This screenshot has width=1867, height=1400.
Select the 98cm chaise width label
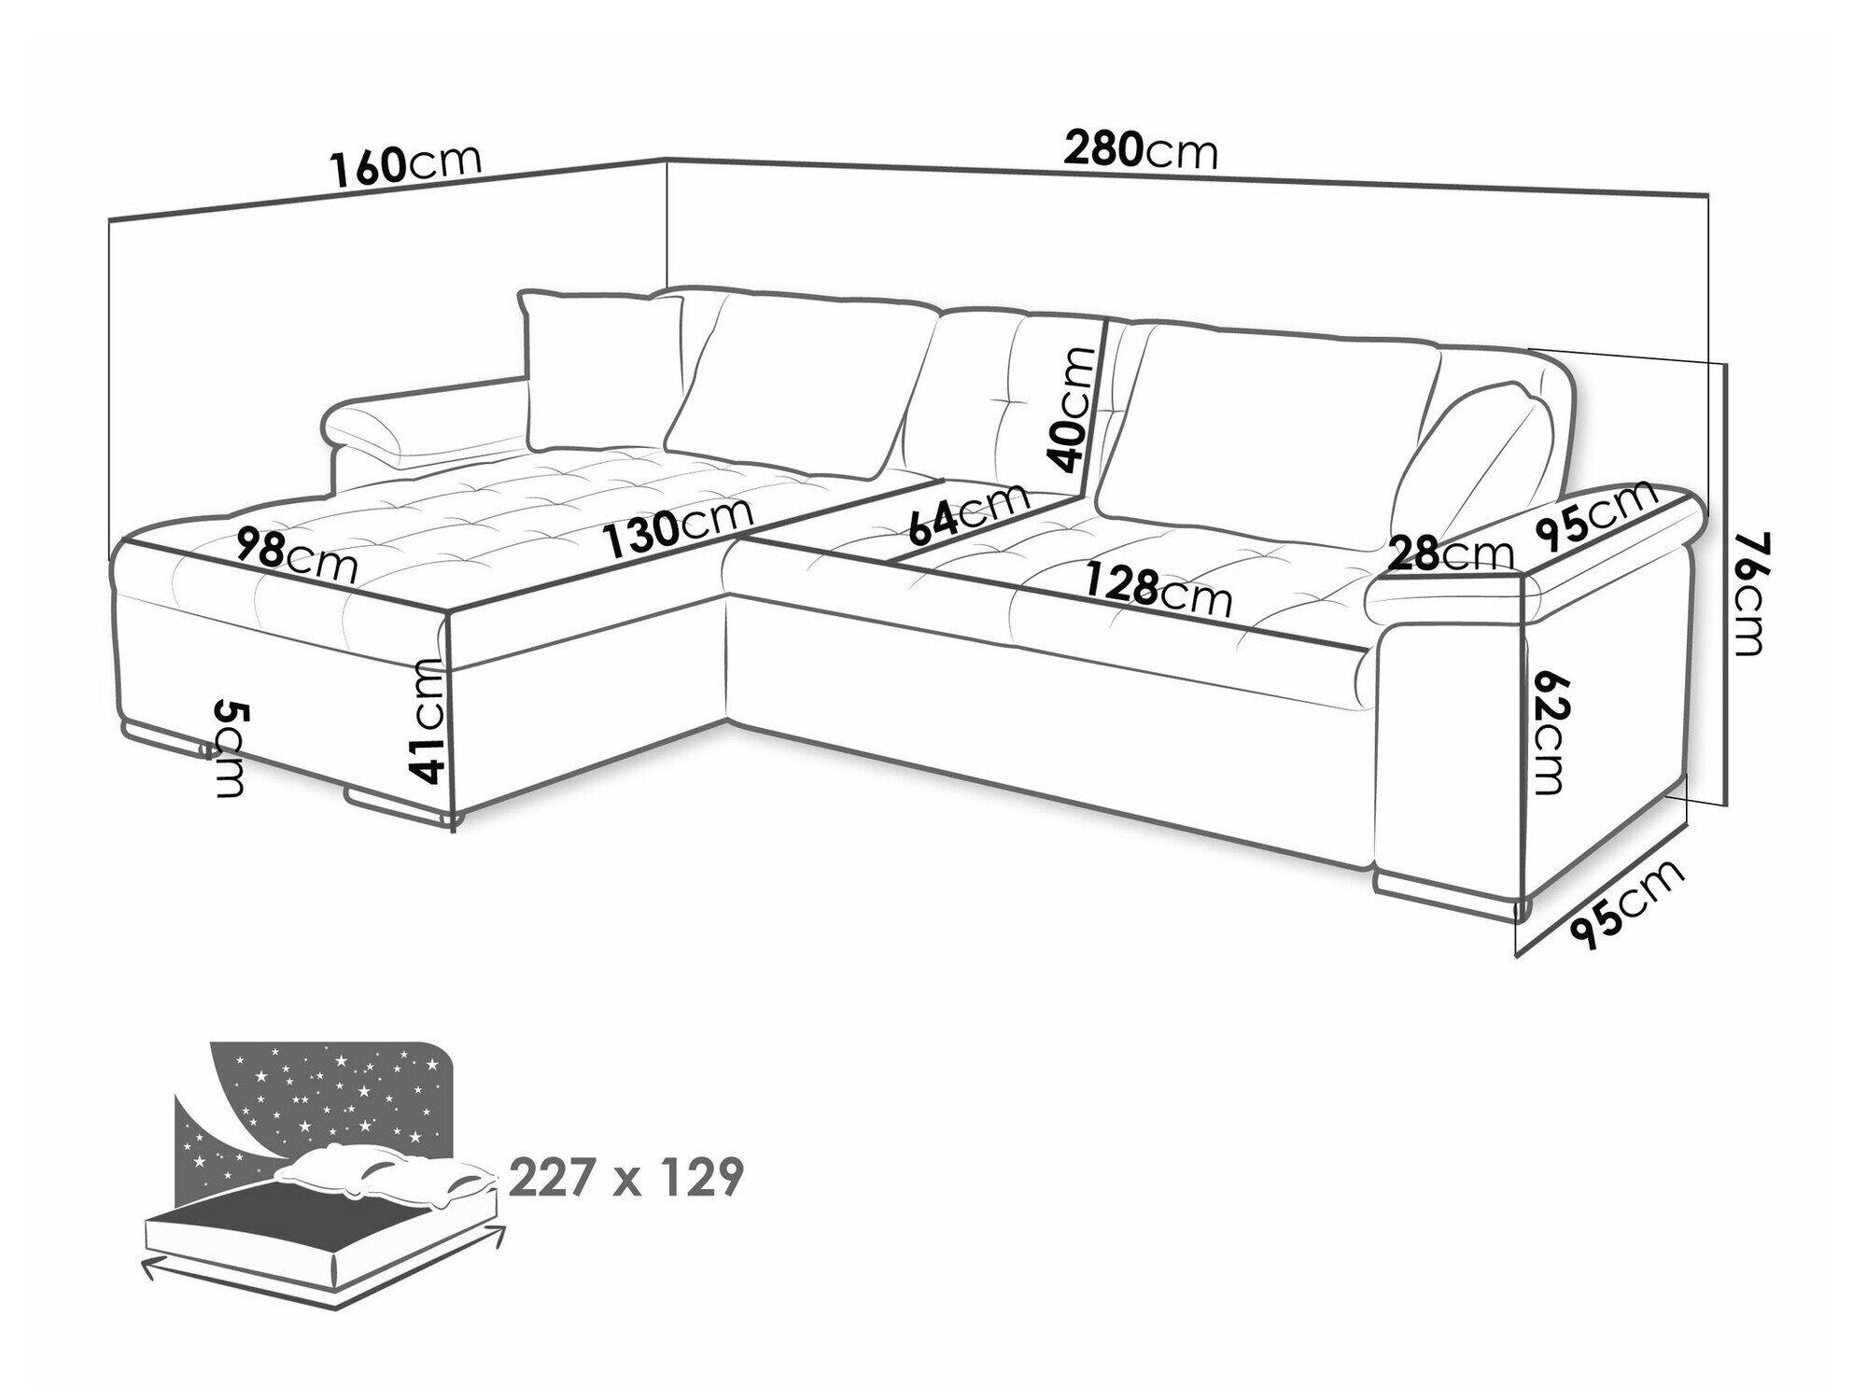coord(296,554)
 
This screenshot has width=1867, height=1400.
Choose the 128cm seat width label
coord(1158,592)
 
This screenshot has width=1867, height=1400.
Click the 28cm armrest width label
coord(1449,554)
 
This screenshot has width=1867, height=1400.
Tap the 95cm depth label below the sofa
coord(1629,903)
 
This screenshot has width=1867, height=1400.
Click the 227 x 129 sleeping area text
coord(626,1178)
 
